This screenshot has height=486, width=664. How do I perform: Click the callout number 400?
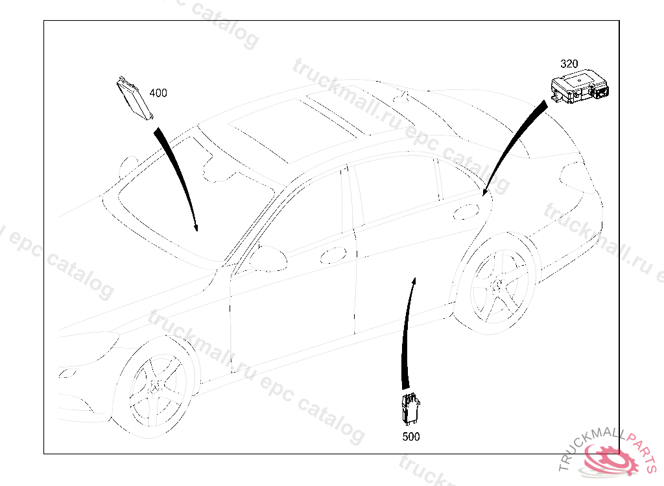(158, 93)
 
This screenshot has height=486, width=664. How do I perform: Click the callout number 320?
(569, 64)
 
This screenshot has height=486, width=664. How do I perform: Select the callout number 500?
(410, 437)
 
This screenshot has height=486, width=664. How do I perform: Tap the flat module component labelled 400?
(135, 98)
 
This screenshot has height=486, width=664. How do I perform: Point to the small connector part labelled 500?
(410, 410)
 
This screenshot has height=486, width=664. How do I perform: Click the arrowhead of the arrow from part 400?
(196, 227)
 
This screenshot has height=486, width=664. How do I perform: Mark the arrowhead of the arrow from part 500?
(414, 282)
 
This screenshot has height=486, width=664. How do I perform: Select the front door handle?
(333, 255)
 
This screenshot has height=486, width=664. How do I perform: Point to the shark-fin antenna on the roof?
(401, 97)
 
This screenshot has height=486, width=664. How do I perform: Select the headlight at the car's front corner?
(67, 373)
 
